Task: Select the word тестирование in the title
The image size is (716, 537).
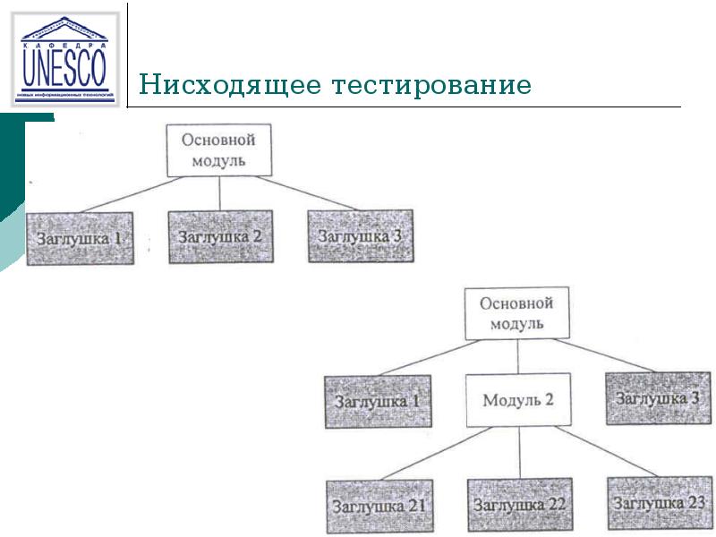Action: click(432, 87)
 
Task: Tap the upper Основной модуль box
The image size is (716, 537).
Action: click(218, 150)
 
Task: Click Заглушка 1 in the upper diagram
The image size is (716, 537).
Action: click(80, 238)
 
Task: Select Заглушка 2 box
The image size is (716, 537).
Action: click(220, 237)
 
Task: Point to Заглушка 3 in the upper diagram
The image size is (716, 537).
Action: click(360, 236)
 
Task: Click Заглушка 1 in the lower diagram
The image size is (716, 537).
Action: click(378, 401)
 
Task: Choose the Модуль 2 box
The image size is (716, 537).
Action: click(518, 399)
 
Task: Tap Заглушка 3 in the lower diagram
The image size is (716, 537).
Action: click(658, 398)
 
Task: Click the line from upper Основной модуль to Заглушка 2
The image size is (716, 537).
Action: click(219, 194)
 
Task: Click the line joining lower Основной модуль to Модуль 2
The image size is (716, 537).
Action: click(518, 356)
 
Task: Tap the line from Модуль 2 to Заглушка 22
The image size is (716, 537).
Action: click(518, 453)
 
